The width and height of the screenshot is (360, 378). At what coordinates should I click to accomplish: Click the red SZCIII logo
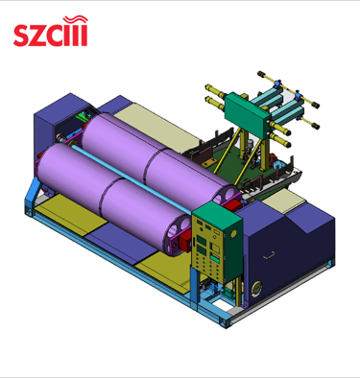coord(51,31)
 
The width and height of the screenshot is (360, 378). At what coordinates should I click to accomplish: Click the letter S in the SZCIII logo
coord(22,36)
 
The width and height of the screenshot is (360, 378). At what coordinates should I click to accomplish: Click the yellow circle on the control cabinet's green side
coord(233,234)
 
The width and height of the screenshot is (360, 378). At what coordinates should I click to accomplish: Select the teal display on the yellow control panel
coord(214,257)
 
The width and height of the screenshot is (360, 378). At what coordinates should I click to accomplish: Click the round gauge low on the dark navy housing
coord(256,289)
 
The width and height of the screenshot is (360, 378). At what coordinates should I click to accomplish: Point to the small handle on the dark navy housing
coord(269,255)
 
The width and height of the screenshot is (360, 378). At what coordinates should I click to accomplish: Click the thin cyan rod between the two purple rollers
coord(132,178)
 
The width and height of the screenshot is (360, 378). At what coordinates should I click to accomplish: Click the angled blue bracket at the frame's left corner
coord(32,194)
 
